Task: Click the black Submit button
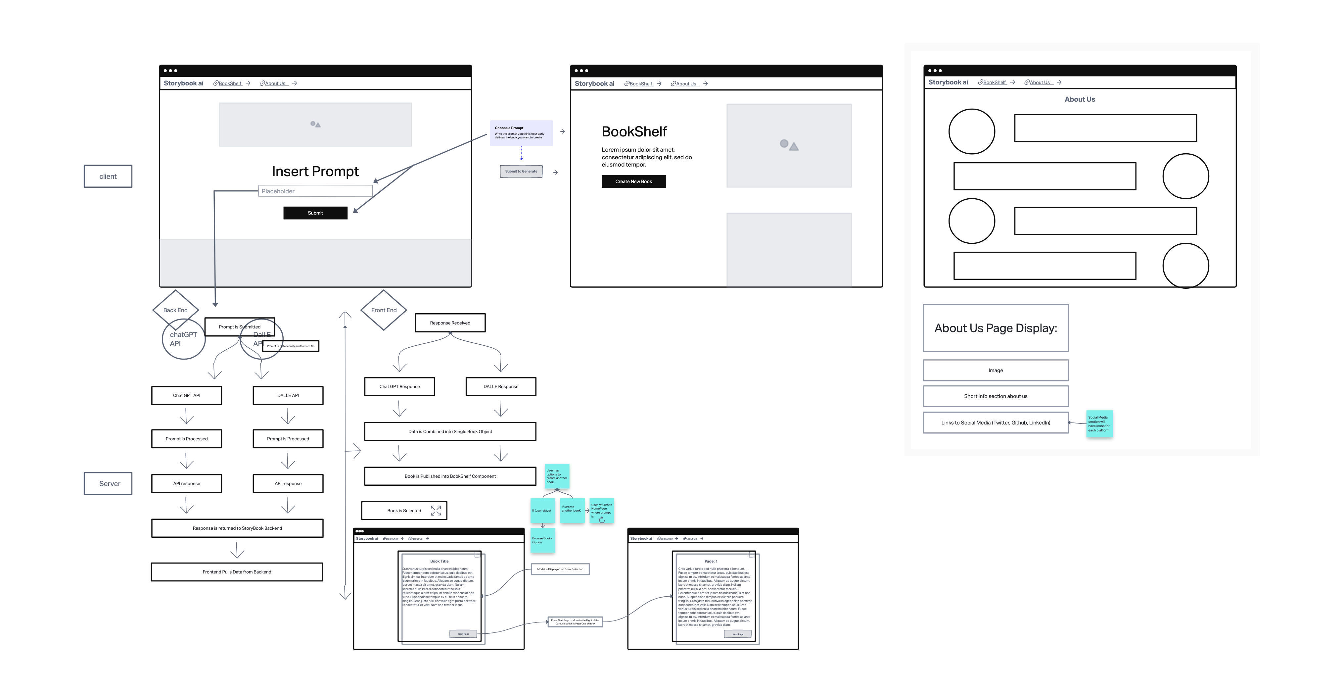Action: [x=315, y=213]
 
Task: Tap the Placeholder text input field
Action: [x=315, y=191]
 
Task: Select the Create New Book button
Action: [x=633, y=181]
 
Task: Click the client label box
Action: [x=108, y=176]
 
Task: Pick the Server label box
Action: [x=108, y=484]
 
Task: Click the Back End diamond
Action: [x=175, y=310]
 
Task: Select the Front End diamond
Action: [x=384, y=310]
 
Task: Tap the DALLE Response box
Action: [x=500, y=387]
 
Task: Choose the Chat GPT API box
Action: [x=186, y=396]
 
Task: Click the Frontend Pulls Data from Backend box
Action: [x=237, y=572]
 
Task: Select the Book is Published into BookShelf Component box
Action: [x=450, y=476]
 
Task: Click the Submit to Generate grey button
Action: [x=521, y=171]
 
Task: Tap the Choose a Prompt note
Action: [x=521, y=132]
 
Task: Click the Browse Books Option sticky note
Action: [x=542, y=540]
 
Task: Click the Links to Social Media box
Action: [x=996, y=423]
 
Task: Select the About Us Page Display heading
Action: [x=996, y=328]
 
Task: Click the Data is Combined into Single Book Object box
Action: [x=450, y=431]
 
